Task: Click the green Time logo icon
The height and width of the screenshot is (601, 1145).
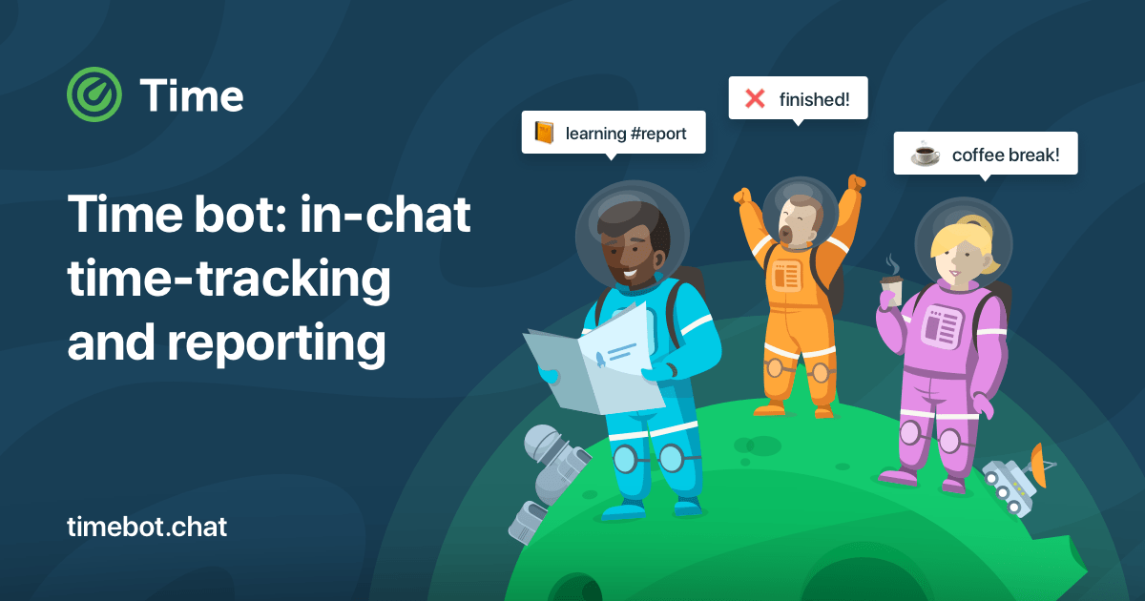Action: click(95, 95)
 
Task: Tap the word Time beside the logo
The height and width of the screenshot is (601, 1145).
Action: click(191, 95)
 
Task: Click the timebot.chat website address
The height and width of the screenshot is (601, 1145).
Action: click(147, 527)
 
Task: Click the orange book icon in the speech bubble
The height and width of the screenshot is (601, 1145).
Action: click(544, 133)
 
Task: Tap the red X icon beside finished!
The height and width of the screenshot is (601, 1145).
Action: click(755, 98)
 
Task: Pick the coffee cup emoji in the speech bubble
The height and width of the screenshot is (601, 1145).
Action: click(924, 154)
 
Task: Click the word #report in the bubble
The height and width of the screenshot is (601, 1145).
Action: click(658, 134)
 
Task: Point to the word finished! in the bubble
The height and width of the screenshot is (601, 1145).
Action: click(814, 98)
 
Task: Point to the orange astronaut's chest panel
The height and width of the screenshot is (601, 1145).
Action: click(787, 276)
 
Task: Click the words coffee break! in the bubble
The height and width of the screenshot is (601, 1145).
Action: click(1006, 155)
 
